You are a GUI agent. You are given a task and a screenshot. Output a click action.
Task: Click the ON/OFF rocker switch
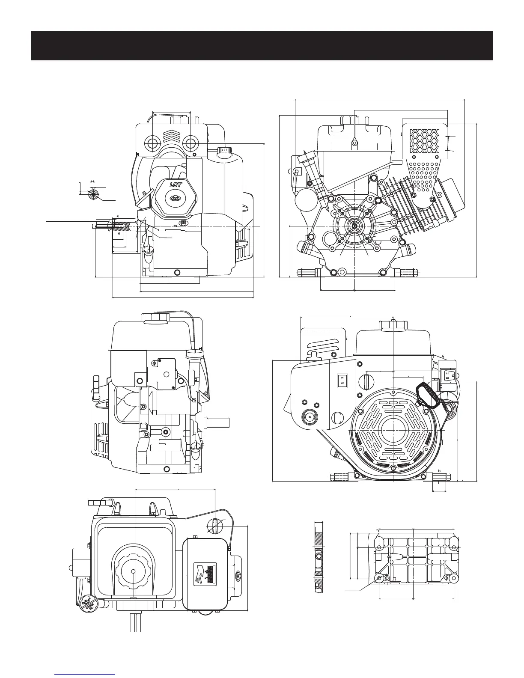pos(342,380)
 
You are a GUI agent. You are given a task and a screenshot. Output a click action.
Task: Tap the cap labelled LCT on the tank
pos(224,151)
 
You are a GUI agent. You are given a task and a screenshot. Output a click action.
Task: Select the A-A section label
pos(92,182)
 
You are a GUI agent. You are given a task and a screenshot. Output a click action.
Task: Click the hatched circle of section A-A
pos(93,195)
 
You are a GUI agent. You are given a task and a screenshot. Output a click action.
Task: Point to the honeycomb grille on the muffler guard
pos(425,141)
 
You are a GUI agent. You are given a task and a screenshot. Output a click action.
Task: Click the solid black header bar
pos(262,45)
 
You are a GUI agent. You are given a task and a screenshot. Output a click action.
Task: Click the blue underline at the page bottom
pos(86,674)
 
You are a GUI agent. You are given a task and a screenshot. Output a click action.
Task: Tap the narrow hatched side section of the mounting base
pos(317,558)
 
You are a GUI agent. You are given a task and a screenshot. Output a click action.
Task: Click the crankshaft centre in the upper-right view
pos(355,226)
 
